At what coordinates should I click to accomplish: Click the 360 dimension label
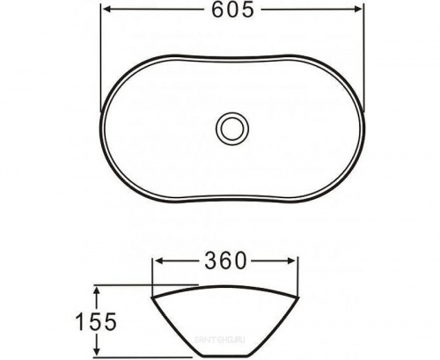224,261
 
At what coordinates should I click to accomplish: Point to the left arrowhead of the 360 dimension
159,261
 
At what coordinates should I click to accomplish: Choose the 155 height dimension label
96,322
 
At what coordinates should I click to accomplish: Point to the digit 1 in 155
80,322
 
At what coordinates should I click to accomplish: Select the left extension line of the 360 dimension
154,273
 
